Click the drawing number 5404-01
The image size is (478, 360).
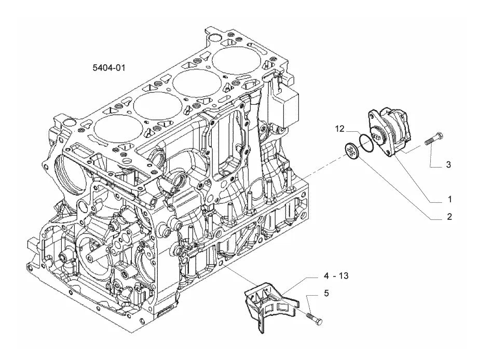(109, 67)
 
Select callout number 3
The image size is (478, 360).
(448, 164)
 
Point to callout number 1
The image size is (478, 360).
(449, 200)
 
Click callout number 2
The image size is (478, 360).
(449, 217)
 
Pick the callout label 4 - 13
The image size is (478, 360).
(336, 275)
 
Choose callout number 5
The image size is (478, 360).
(326, 293)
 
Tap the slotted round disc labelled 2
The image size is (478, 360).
(352, 151)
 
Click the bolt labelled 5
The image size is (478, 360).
(315, 319)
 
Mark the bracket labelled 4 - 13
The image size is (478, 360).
(268, 304)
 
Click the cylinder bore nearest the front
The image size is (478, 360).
(118, 128)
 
